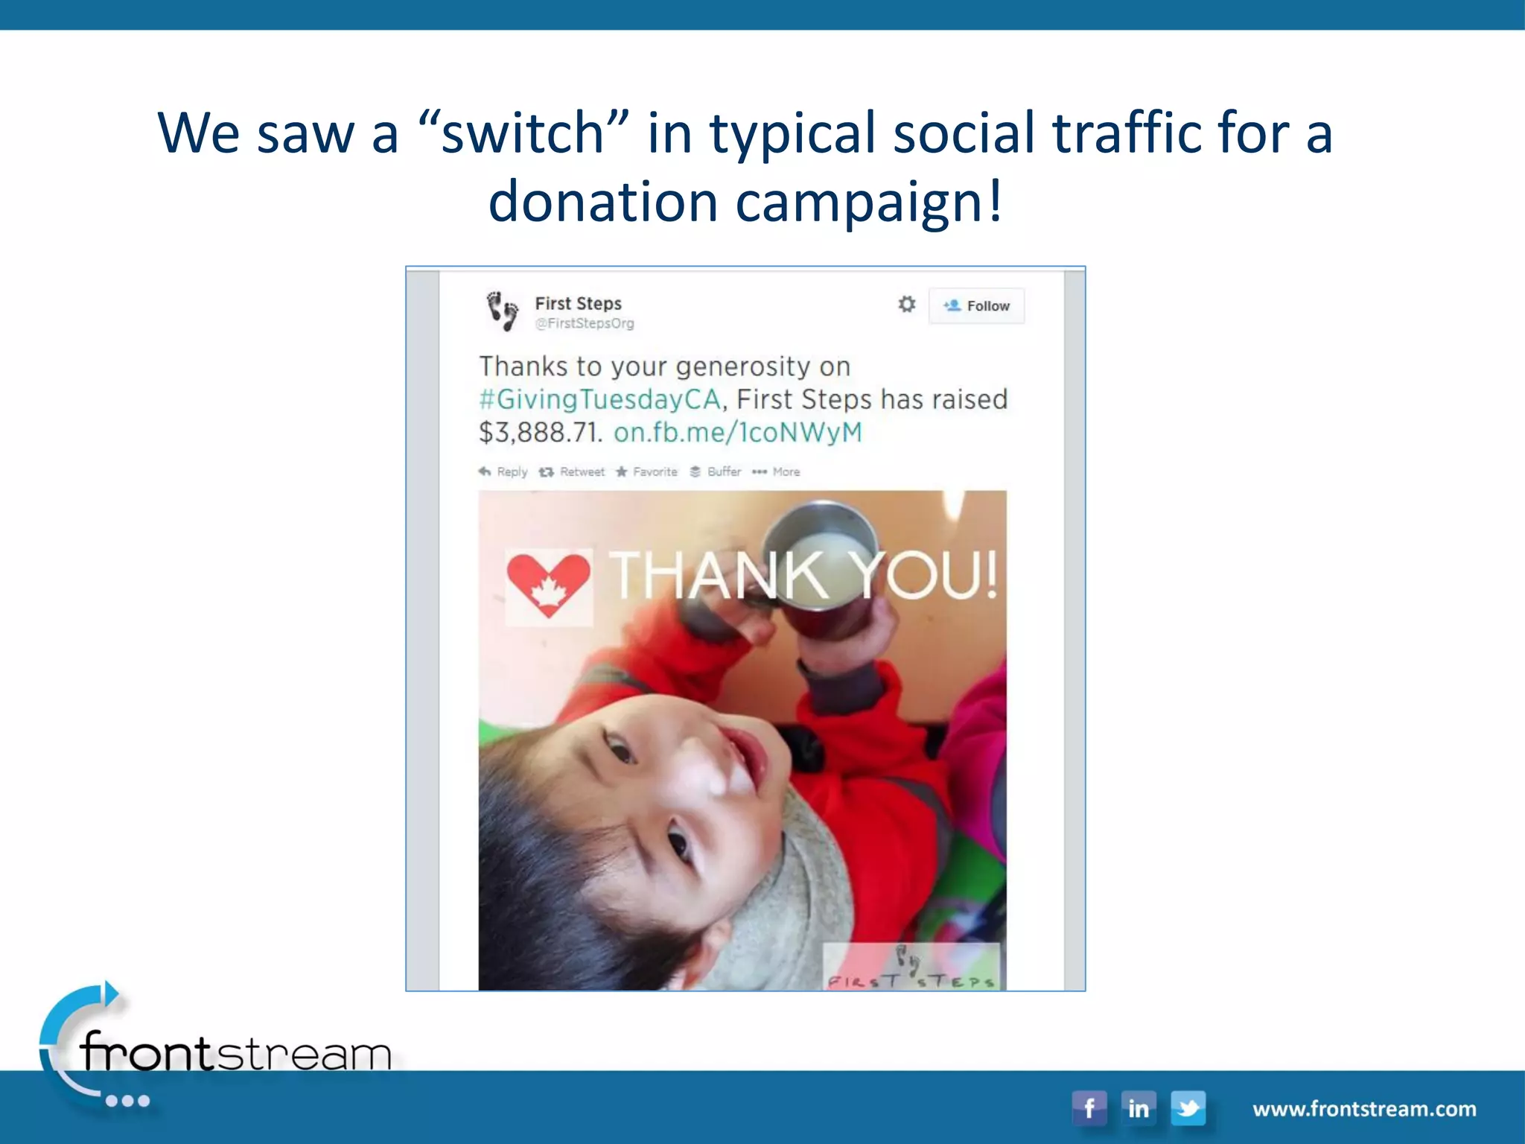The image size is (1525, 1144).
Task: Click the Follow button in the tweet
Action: pyautogui.click(x=976, y=306)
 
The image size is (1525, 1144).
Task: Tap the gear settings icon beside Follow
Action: pyautogui.click(x=906, y=304)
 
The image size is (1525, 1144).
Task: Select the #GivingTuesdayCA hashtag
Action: pyautogui.click(x=599, y=399)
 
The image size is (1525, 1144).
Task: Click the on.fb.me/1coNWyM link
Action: pyautogui.click(x=737, y=432)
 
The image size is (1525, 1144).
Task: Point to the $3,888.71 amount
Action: pyautogui.click(x=540, y=432)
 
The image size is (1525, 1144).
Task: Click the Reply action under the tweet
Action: pyautogui.click(x=503, y=471)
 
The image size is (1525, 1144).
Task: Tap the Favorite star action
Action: pyautogui.click(x=646, y=471)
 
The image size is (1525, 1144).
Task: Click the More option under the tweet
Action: pyautogui.click(x=777, y=471)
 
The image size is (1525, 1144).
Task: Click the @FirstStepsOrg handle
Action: pyautogui.click(x=585, y=323)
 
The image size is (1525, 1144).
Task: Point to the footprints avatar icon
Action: pyautogui.click(x=503, y=311)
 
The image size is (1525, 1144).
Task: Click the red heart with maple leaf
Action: pyautogui.click(x=549, y=585)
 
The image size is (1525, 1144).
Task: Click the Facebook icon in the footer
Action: pyautogui.click(x=1089, y=1108)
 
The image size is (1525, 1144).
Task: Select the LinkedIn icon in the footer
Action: pyautogui.click(x=1138, y=1108)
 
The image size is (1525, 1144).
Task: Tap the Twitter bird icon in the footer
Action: pyautogui.click(x=1188, y=1108)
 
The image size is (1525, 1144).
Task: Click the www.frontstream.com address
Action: pyautogui.click(x=1364, y=1109)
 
